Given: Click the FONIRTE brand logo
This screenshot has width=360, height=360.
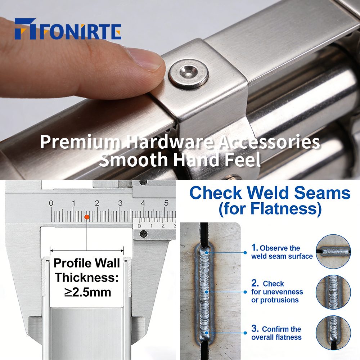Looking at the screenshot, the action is coord(68,29).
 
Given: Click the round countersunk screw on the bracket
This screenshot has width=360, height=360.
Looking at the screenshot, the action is coord(189,73).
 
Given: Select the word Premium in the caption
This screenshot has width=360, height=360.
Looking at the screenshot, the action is coord(80,141).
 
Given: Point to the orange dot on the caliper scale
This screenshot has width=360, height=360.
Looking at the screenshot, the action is coord(87,217).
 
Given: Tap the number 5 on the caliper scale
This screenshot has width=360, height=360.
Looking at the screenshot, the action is coord(166,203).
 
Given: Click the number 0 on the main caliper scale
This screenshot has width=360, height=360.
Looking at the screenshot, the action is coord(51,203).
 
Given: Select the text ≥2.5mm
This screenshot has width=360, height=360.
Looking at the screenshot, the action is coord(88,292).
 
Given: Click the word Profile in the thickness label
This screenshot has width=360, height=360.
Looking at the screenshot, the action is coord(73,263).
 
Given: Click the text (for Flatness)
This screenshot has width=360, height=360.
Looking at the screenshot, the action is coord(270,208).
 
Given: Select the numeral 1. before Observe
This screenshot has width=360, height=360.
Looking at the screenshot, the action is coord(255,248).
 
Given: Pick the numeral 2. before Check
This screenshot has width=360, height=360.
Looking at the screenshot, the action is coord(255,283).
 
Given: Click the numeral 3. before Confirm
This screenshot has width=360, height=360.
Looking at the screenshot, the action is coord(255,329).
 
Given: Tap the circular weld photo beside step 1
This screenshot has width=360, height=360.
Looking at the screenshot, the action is coord(333,251).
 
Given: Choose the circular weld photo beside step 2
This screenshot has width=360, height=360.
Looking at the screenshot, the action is coord(333,292).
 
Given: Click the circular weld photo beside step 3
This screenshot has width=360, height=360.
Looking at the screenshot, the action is coord(333,333).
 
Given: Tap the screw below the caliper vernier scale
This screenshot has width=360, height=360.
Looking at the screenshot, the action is coord(143,234).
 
